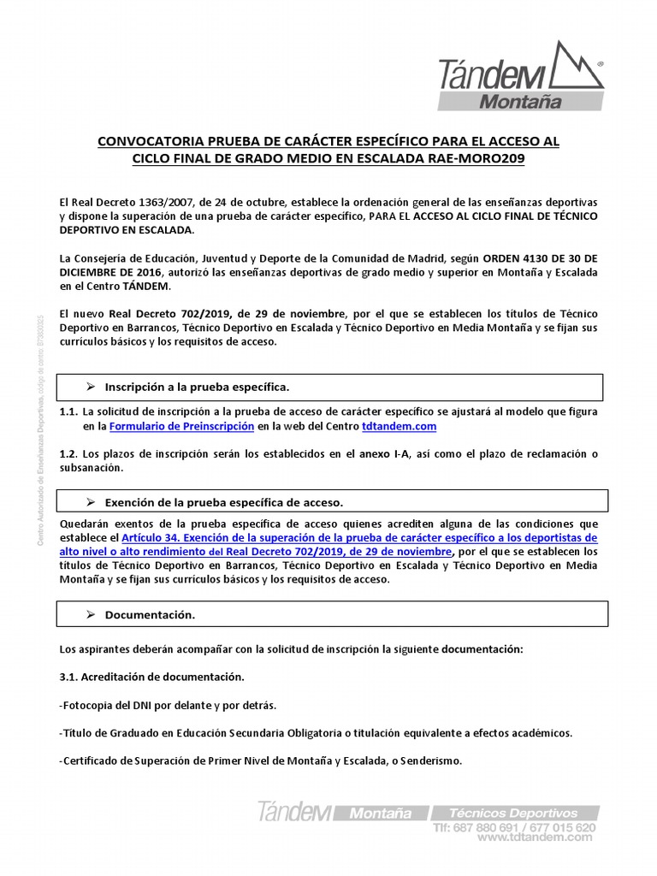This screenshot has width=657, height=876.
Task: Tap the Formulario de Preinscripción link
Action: click(181, 426)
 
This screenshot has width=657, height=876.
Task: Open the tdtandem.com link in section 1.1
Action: click(399, 426)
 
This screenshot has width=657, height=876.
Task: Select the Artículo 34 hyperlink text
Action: click(359, 538)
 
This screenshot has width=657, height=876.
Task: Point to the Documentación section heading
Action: click(150, 614)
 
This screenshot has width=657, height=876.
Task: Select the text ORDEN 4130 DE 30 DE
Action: click(538, 257)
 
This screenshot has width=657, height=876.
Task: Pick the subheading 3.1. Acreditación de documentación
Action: click(151, 677)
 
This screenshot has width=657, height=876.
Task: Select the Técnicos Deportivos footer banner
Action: click(514, 813)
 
